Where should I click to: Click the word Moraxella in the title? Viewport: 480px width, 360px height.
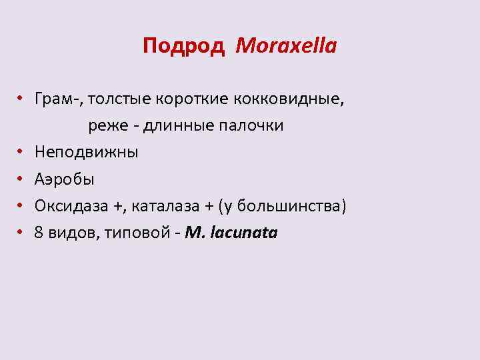tap(287, 46)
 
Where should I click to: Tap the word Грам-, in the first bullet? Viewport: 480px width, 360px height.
tap(59, 99)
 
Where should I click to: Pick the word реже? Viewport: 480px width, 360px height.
tap(103, 126)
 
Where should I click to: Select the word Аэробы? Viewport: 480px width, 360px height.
tap(65, 179)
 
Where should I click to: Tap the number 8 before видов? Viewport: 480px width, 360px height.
tap(39, 233)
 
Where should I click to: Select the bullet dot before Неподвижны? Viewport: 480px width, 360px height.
tap(21, 152)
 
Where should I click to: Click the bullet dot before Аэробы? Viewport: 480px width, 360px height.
tap(21, 179)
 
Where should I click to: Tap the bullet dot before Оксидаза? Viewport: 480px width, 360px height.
tap(21, 205)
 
